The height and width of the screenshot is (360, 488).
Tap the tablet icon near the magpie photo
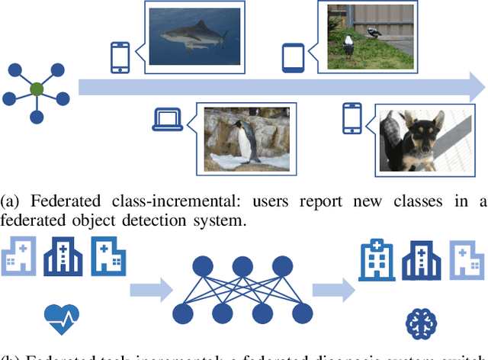coord(294,57)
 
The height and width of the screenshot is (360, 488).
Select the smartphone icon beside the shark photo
coord(120,57)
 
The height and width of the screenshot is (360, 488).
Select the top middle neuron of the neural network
coord(242,267)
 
